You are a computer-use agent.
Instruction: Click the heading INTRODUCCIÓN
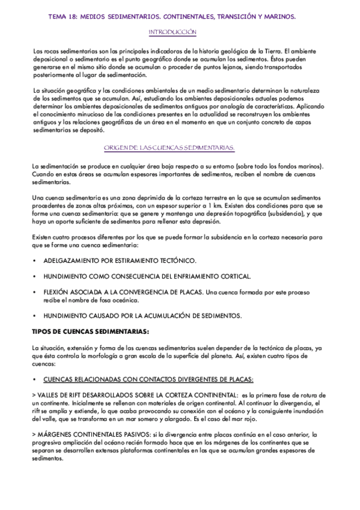(172, 31)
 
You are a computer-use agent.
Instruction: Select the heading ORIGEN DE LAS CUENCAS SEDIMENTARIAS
(169, 147)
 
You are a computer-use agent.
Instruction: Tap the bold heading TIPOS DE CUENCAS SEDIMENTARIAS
(90, 331)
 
